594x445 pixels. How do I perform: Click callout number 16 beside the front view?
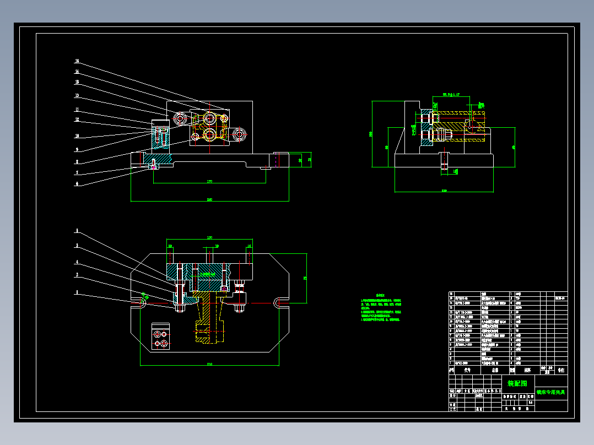point(77,61)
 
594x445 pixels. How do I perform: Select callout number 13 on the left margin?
point(77,95)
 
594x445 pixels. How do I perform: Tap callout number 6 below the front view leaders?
point(77,184)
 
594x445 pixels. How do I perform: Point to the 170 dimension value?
point(210,181)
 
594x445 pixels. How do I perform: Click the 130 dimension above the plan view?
point(209,237)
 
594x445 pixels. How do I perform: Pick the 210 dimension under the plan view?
point(209,363)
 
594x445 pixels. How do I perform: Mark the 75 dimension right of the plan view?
point(305,278)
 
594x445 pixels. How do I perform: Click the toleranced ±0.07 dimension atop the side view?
point(447,95)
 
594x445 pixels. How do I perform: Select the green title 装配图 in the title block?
point(517,383)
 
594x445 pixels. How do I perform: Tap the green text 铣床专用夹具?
point(551,392)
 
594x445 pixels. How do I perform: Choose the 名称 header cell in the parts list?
point(487,371)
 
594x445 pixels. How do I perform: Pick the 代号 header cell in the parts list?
point(467,371)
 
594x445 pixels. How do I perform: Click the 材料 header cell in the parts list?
point(527,371)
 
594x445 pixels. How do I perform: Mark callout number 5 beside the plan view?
point(77,246)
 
